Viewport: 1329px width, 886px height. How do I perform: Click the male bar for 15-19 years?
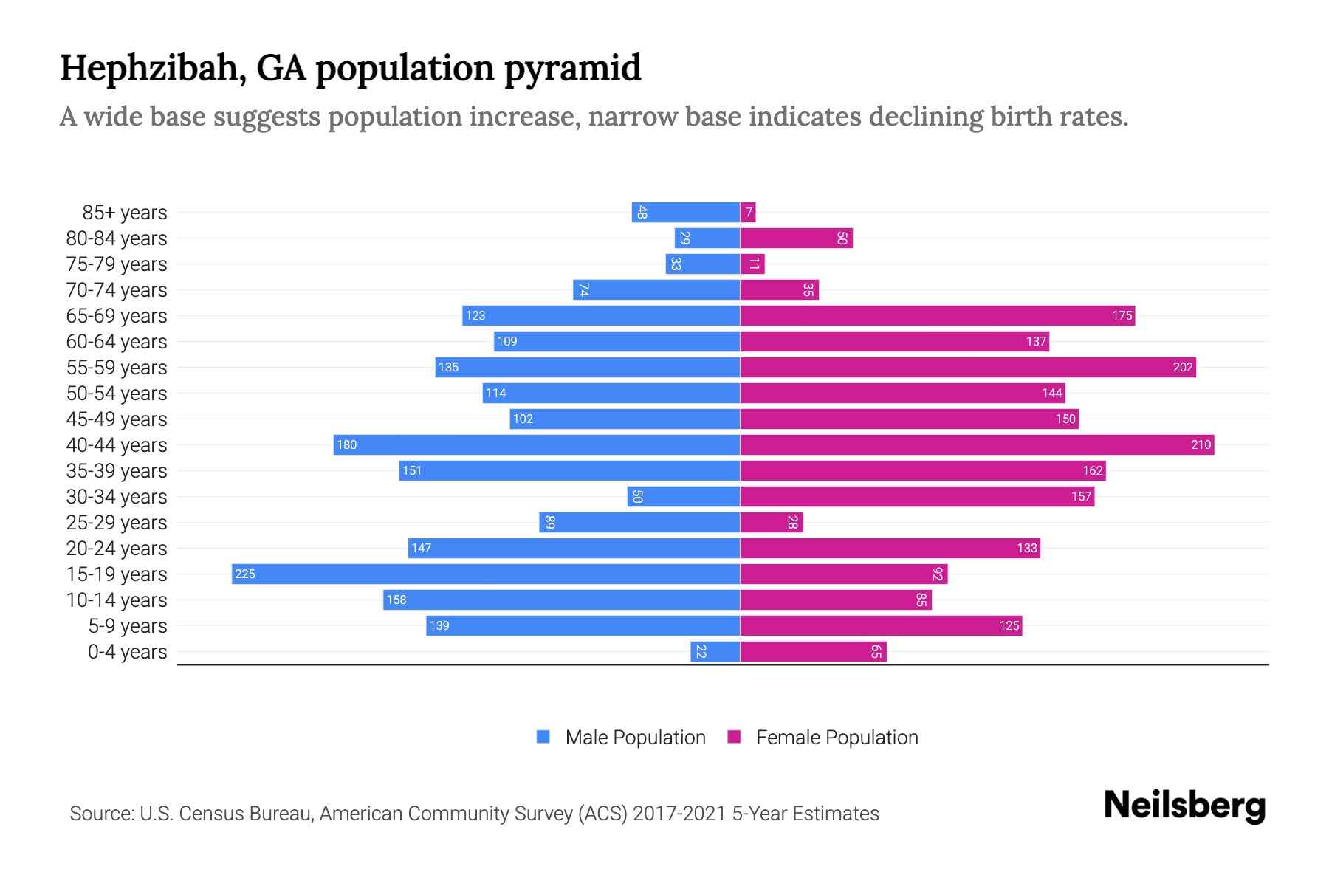point(485,574)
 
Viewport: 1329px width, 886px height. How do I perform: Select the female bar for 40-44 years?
point(976,444)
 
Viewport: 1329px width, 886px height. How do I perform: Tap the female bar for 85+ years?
point(747,213)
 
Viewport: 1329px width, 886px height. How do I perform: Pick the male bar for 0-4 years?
point(715,652)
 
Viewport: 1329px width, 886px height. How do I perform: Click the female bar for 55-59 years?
point(967,367)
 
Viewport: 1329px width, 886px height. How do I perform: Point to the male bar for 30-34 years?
point(683,496)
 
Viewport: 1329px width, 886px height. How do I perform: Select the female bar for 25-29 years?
point(771,523)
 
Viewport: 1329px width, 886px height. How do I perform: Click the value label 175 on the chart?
point(1122,316)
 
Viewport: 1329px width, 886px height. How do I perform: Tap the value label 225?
point(245,574)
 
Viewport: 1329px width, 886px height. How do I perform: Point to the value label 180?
point(346,444)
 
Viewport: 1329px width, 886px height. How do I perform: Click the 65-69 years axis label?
point(117,316)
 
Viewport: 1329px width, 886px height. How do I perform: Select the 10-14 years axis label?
point(117,600)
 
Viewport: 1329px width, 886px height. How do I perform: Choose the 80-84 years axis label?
point(117,238)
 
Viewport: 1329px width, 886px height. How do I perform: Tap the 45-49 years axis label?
point(117,419)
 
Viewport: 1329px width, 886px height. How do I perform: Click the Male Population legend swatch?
point(543,737)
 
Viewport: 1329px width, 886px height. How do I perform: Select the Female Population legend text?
point(837,737)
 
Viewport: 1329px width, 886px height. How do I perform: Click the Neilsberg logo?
point(1184,806)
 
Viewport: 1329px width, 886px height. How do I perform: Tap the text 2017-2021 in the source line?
point(679,814)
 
